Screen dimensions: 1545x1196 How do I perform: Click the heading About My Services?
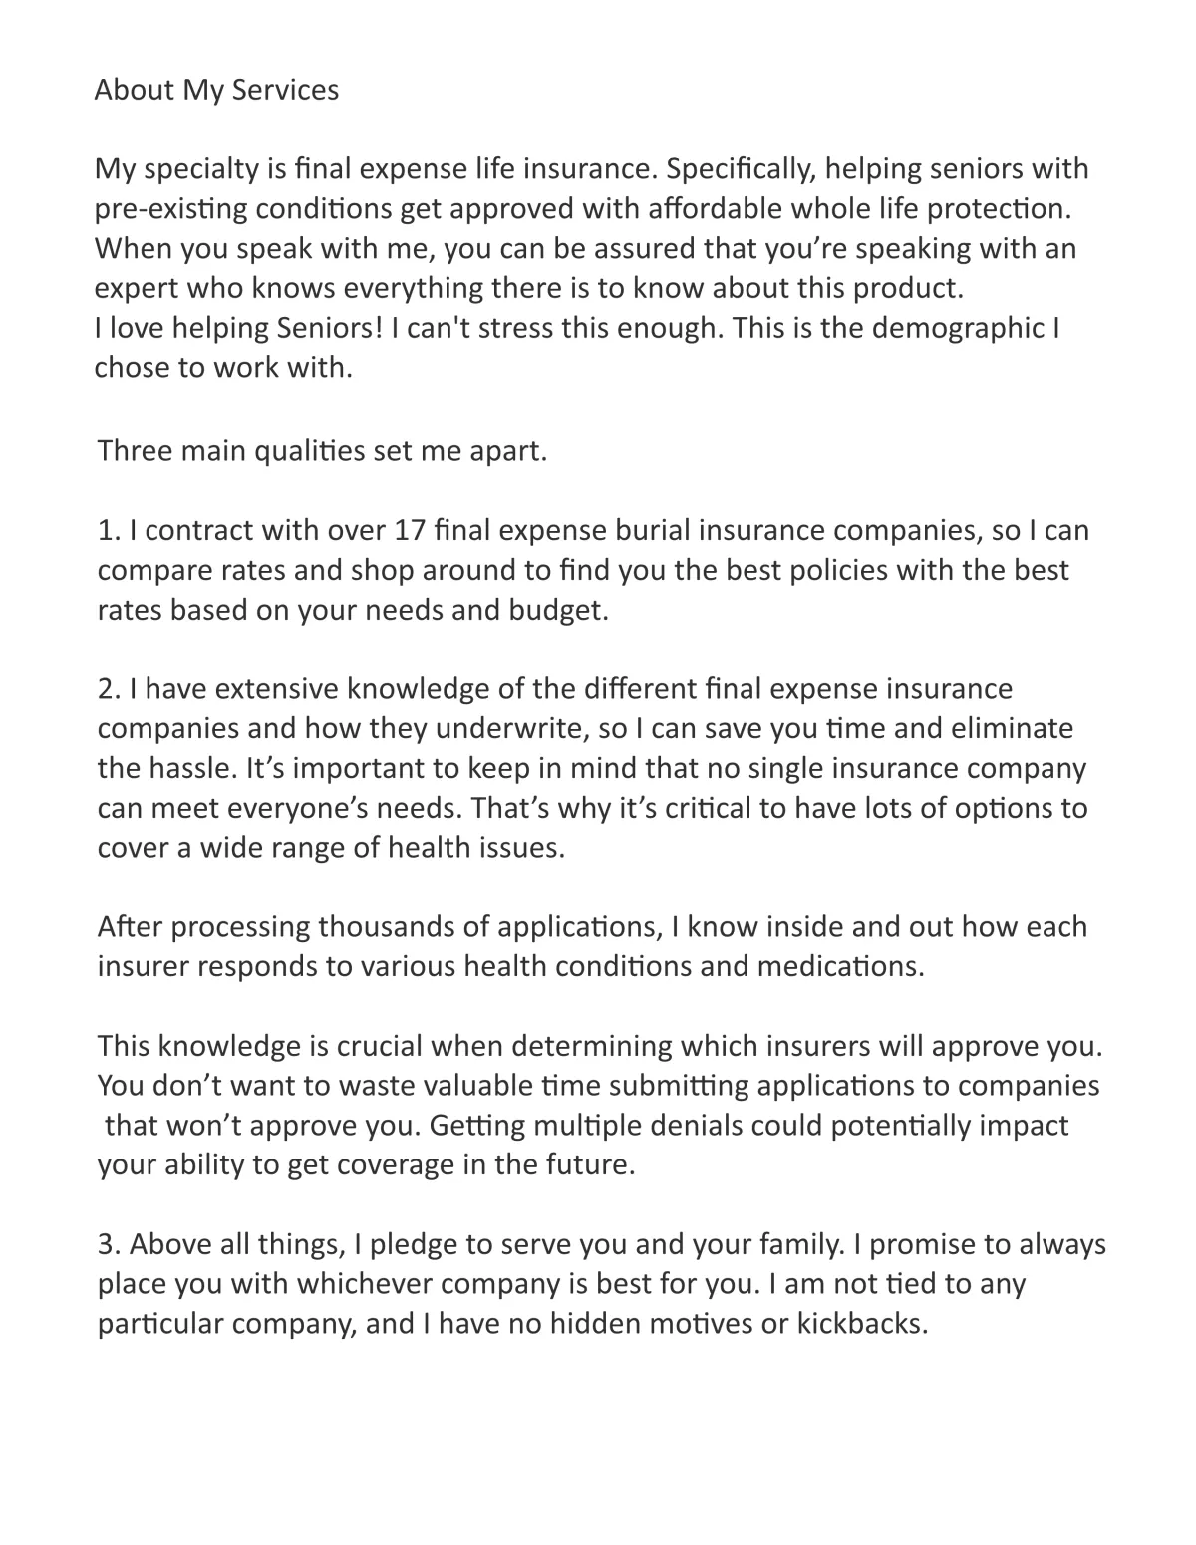coord(216,90)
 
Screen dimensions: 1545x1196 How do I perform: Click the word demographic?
coord(958,328)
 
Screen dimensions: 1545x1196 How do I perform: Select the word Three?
coord(135,451)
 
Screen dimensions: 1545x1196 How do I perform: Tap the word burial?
coord(624,530)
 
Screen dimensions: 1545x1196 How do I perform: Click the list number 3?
coord(109,1245)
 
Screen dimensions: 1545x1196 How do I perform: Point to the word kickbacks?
coord(861,1325)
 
